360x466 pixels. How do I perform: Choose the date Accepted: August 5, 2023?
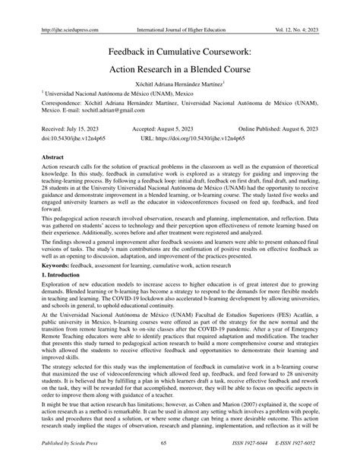pyautogui.click(x=165, y=131)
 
